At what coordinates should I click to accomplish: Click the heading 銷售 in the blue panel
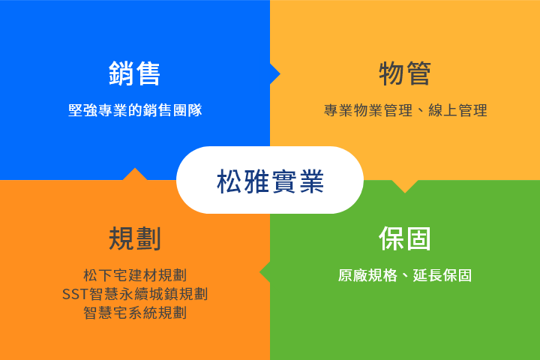(x=135, y=73)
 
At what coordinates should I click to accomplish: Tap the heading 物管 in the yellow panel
(x=405, y=73)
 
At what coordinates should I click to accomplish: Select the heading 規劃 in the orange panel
(x=135, y=238)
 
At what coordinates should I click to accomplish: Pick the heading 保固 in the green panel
(x=405, y=238)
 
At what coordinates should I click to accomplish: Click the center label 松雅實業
(x=270, y=181)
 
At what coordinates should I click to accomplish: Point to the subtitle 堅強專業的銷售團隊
(x=135, y=110)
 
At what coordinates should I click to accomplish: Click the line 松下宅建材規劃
(x=135, y=275)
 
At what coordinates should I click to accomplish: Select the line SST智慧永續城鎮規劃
(x=135, y=294)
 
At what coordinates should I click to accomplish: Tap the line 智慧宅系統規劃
(x=135, y=313)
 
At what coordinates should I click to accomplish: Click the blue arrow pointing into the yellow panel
(x=275, y=73)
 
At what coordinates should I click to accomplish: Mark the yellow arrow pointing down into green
(x=405, y=186)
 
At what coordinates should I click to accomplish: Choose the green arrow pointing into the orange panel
(x=265, y=272)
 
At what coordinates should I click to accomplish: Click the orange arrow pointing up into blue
(x=135, y=174)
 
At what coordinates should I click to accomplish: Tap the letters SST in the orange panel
(x=76, y=295)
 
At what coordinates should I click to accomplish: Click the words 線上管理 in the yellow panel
(x=457, y=110)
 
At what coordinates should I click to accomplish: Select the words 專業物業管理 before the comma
(x=368, y=110)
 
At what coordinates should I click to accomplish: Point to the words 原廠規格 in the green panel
(x=367, y=275)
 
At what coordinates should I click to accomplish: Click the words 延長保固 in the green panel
(x=442, y=275)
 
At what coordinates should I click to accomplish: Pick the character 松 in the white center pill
(x=229, y=181)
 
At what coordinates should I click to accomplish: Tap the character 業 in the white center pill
(x=312, y=181)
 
